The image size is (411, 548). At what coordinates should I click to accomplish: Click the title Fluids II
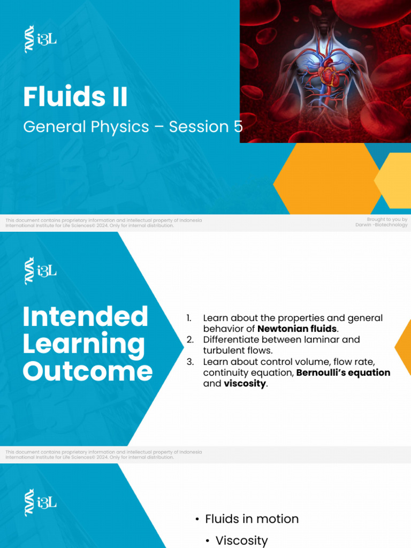coord(75,97)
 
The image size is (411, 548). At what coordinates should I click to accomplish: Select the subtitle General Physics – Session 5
coord(133,127)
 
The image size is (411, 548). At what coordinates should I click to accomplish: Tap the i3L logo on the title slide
coord(40,39)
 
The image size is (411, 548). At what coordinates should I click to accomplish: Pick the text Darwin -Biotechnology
coord(381,225)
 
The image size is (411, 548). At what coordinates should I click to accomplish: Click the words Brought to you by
coord(387,219)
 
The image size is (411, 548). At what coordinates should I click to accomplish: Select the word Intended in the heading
coord(85,316)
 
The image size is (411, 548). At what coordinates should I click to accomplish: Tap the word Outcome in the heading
coord(87,371)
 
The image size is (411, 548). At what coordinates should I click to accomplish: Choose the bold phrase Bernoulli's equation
coord(343,372)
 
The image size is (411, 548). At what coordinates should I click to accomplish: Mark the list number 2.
coord(189,339)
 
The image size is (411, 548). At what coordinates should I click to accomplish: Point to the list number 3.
coord(189,362)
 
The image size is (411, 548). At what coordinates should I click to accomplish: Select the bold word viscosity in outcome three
coord(245,384)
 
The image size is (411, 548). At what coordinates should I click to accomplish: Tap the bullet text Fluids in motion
coord(252,519)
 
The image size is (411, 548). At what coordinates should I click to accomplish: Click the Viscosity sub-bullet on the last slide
coord(241,541)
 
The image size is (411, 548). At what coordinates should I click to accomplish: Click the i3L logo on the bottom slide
coord(40,503)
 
